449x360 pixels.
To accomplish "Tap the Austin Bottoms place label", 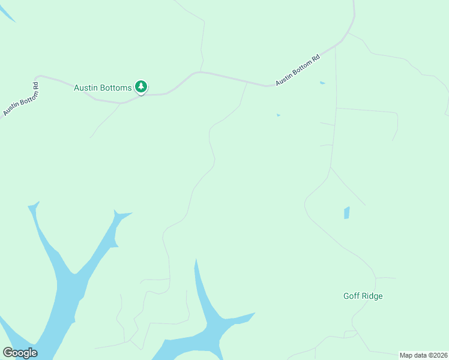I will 103,88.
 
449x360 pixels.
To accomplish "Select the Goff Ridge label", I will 363,296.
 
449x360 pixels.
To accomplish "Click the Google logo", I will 20,353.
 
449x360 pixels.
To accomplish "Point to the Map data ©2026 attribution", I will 423,355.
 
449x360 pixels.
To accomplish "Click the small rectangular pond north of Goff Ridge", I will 346,213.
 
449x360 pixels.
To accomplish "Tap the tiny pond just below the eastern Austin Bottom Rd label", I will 322,83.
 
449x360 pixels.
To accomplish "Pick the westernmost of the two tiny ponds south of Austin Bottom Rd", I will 278,115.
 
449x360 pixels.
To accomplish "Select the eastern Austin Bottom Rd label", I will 297,70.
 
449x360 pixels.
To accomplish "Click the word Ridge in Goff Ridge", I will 372,296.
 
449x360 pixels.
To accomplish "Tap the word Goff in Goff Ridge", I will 352,296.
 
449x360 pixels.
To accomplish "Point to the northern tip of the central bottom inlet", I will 195,261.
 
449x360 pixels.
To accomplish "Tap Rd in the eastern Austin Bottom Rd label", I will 315,60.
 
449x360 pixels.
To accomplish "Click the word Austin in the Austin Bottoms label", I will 86,88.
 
